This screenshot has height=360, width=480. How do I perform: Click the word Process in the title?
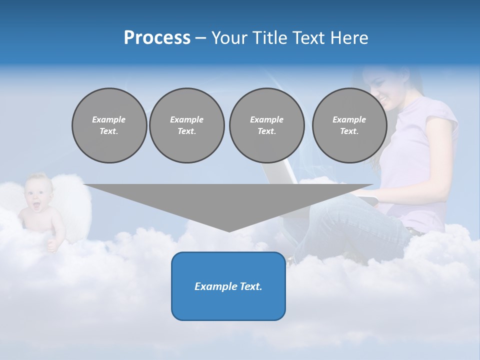(157, 38)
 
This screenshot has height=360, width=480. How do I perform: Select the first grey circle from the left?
(109, 125)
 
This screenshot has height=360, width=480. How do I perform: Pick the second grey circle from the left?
(186, 125)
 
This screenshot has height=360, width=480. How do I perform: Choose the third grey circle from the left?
(266, 125)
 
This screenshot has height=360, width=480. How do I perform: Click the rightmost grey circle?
(349, 125)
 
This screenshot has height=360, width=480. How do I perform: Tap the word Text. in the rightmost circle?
(349, 131)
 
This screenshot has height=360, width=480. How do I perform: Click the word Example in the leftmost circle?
(109, 119)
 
